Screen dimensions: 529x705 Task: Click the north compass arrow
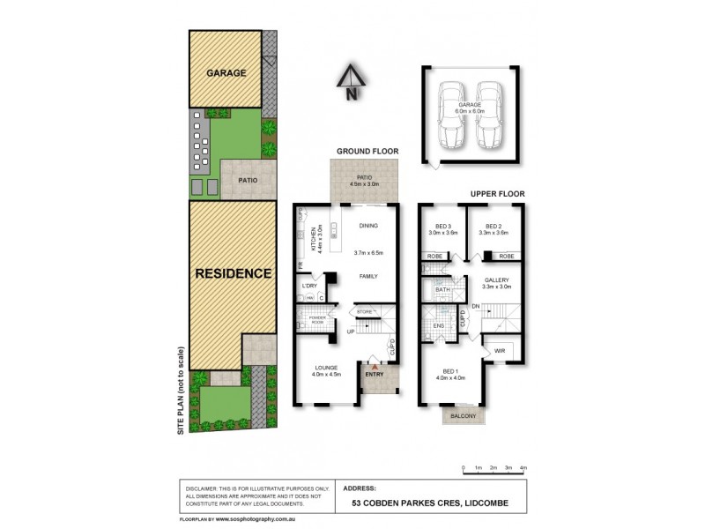pos(351,77)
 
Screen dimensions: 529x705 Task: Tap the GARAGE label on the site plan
pos(226,72)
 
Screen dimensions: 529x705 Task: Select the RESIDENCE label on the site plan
pos(233,273)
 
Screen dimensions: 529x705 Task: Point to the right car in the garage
pos(488,116)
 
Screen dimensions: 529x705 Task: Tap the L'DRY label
pos(309,286)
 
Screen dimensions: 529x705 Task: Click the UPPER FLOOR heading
pos(499,191)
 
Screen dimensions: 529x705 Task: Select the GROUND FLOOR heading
pos(367,152)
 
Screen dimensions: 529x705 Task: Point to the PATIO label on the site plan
pos(247,180)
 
